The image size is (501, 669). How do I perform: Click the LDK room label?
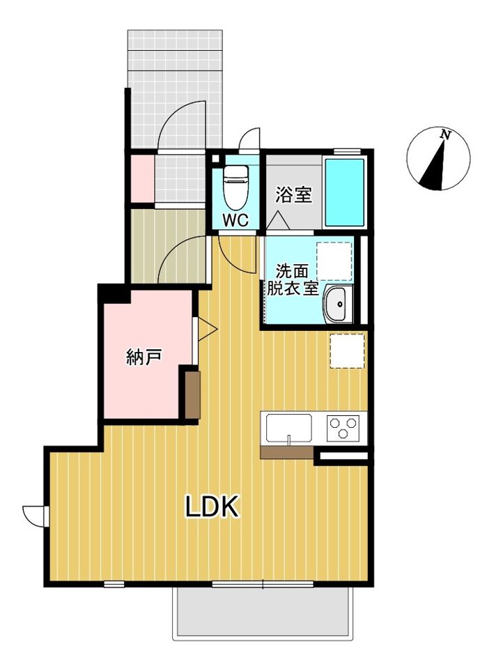(213, 507)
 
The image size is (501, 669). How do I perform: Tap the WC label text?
(235, 221)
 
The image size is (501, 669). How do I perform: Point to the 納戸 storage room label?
(144, 358)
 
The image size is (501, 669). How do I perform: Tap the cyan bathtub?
(345, 192)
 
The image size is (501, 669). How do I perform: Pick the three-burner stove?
(343, 426)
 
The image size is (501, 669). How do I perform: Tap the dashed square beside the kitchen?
(347, 351)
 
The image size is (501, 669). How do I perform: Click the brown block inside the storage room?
(193, 394)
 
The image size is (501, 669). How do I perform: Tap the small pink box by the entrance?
(142, 180)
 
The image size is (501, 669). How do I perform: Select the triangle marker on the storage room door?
(208, 330)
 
